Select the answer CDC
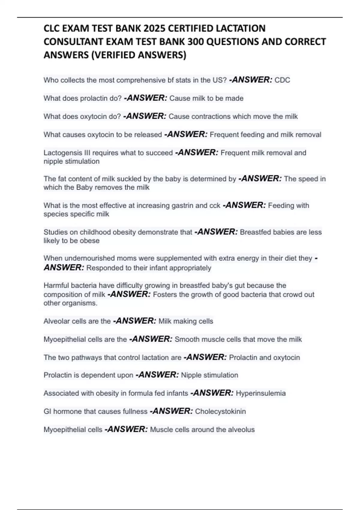282,80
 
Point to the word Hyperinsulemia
261,393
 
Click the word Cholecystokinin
220,411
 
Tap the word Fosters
165,295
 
